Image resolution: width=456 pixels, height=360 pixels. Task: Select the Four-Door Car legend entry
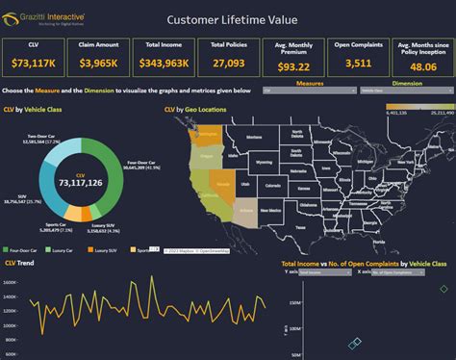click(30, 249)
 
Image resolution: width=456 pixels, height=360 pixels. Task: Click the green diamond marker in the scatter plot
click(443, 288)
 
